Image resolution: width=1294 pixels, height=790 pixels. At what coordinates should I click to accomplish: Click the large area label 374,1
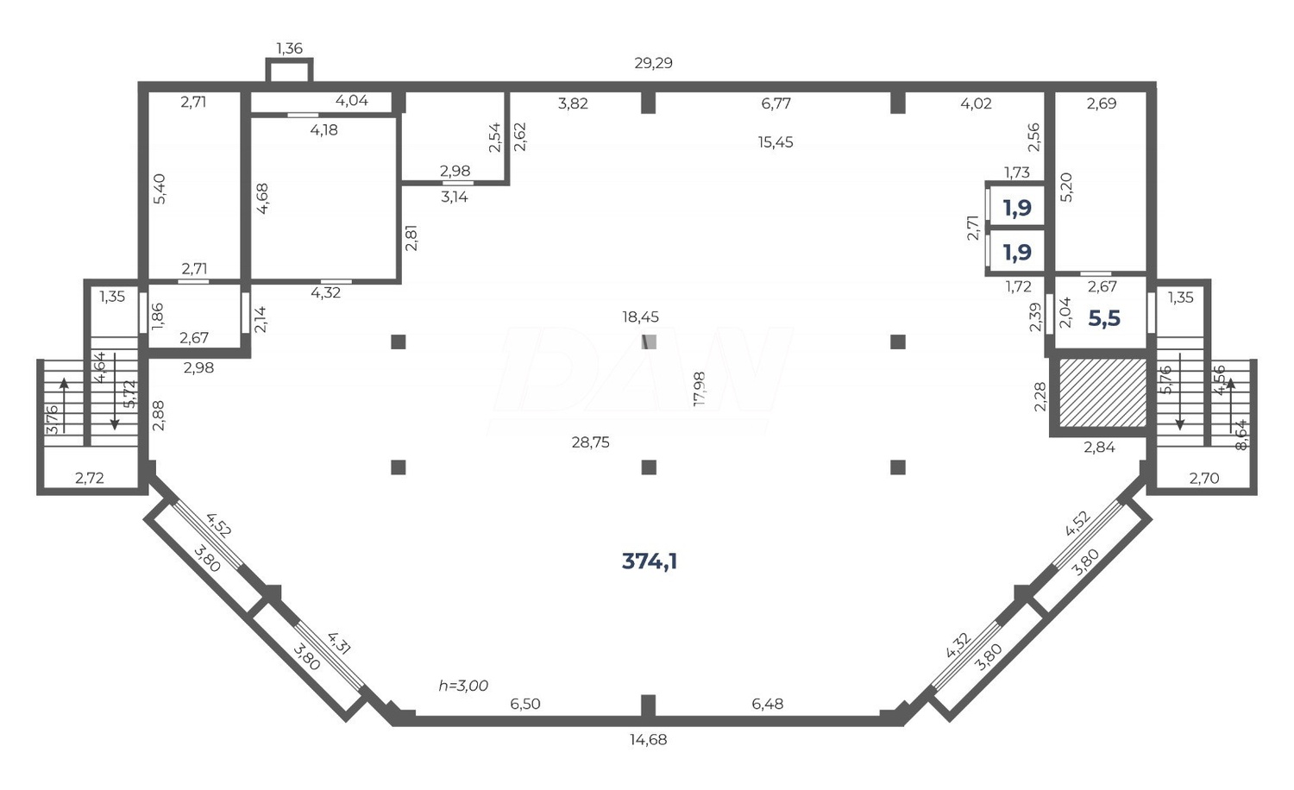[x=650, y=561]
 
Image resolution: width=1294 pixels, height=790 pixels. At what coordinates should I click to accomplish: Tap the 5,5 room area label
[x=1103, y=318]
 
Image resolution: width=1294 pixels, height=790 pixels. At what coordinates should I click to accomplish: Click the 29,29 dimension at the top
[x=653, y=63]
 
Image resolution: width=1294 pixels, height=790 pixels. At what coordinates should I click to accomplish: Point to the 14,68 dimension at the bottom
[x=649, y=739]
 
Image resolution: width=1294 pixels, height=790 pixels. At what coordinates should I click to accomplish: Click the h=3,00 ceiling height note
[x=463, y=686]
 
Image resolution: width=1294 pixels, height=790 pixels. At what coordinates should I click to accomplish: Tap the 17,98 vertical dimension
[x=699, y=389]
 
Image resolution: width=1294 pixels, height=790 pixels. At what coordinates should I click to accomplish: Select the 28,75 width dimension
[x=591, y=442]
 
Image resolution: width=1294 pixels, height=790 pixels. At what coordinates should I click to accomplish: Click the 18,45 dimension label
[x=640, y=317]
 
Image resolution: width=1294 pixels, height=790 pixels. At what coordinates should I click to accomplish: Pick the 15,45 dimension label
[x=776, y=142]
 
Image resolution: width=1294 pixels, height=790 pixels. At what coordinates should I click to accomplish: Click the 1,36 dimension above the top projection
[x=289, y=48]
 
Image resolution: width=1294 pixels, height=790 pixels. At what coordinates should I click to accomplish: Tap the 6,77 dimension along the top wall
[x=776, y=103]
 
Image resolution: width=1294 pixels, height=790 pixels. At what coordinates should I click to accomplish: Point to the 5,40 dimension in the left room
[x=159, y=188]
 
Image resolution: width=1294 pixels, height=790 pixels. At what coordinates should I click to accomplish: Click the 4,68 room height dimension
[x=262, y=198]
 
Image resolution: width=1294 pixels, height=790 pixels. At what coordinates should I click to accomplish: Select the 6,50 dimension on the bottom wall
[x=525, y=704]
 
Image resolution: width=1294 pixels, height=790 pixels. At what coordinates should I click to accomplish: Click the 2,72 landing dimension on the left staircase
[x=90, y=478]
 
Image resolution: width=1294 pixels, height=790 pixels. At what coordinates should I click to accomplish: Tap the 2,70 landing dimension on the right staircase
[x=1204, y=478]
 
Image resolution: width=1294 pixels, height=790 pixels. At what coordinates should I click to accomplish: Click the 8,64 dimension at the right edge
[x=1241, y=434]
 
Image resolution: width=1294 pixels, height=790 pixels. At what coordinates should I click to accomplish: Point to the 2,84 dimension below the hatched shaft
[x=1100, y=447]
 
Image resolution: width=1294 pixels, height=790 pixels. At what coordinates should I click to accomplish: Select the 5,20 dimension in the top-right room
[x=1066, y=186]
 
